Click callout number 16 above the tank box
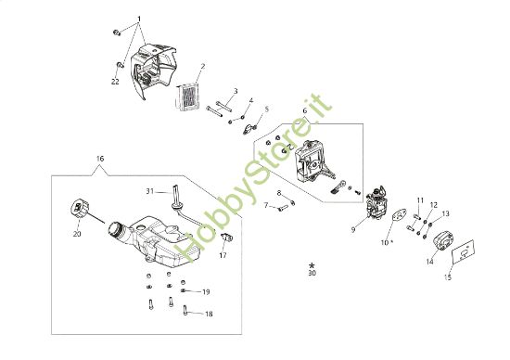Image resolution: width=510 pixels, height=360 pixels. [x=100, y=160]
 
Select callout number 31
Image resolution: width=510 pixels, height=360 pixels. [x=149, y=191]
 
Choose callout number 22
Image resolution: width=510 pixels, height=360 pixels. [x=116, y=83]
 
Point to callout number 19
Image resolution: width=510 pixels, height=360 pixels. [x=205, y=291]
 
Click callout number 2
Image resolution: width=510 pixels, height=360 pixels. [x=202, y=67]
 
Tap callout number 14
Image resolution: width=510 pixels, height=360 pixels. [x=429, y=262]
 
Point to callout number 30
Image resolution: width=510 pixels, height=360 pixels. [x=312, y=274]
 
